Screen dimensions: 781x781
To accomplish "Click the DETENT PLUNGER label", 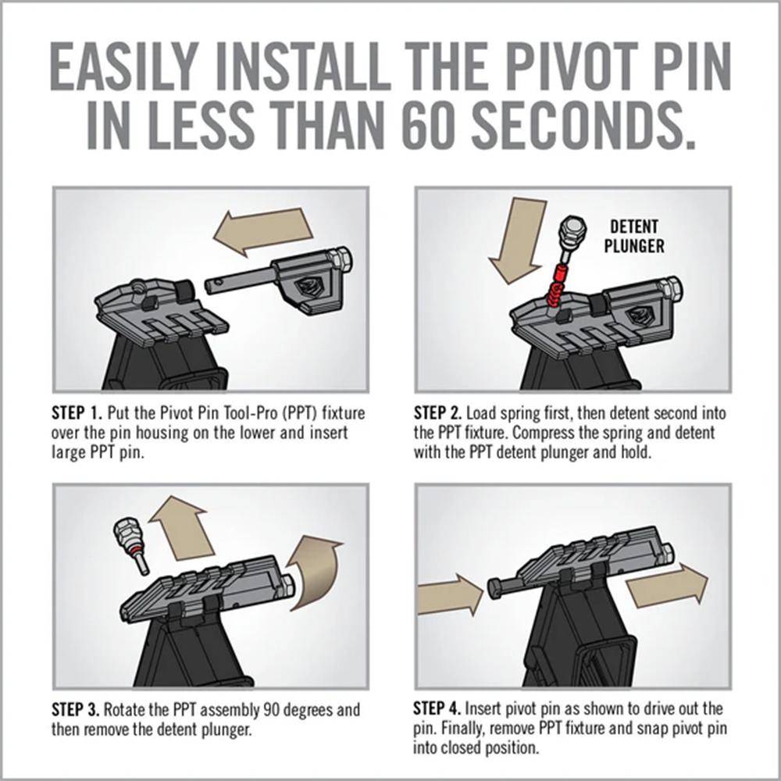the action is pos(634,236).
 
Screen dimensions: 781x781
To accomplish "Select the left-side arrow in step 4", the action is pos(450,594).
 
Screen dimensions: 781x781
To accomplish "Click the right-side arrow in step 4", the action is pos(667,587).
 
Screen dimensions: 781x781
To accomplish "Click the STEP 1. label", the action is pos(77,413).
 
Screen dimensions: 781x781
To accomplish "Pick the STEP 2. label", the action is pos(438,413).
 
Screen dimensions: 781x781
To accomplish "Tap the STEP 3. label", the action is pos(77,709).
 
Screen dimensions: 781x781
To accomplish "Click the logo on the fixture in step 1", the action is pos(309,287).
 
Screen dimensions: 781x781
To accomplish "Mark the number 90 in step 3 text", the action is pos(272,709).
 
